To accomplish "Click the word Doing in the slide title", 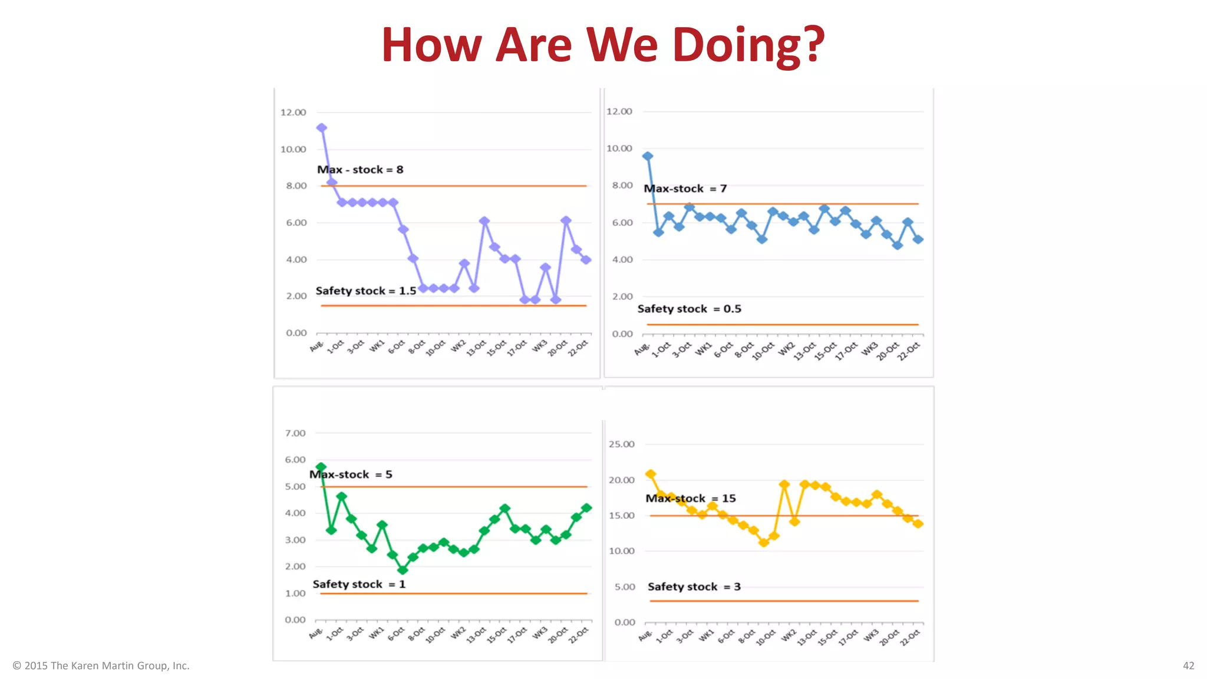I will pyautogui.click(x=748, y=46).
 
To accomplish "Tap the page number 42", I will pyautogui.click(x=1188, y=665).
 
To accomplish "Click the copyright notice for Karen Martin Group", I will pyautogui.click(x=101, y=665).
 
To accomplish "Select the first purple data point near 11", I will pyautogui.click(x=321, y=128).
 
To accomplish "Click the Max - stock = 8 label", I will pyautogui.click(x=360, y=170).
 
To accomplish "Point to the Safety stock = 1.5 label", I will pyautogui.click(x=365, y=291).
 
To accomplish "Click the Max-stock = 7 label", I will pyautogui.click(x=685, y=189).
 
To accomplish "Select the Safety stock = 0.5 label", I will pyautogui.click(x=689, y=309).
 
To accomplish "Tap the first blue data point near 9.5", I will pyautogui.click(x=648, y=156).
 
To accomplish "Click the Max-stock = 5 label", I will pyautogui.click(x=351, y=474).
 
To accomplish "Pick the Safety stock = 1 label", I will pyautogui.click(x=359, y=584).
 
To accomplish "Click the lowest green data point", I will pyautogui.click(x=403, y=570).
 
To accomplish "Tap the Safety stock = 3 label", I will pyautogui.click(x=694, y=586).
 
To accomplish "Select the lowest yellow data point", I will pyautogui.click(x=764, y=542).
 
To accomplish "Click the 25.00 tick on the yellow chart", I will pyautogui.click(x=621, y=444).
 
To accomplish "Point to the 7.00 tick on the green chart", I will pyautogui.click(x=295, y=433).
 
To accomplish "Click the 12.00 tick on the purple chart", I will pyautogui.click(x=293, y=113).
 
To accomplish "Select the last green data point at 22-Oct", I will pyautogui.click(x=586, y=507).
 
